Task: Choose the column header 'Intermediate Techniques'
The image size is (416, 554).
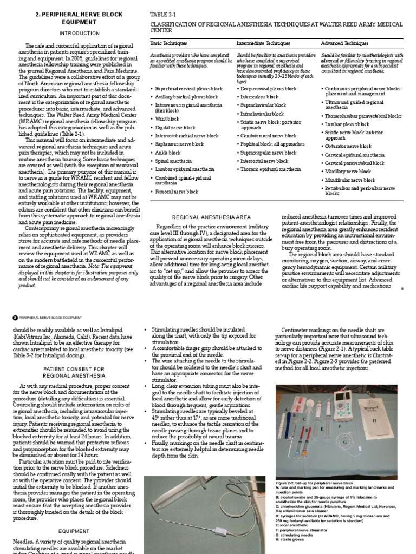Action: tap(261, 42)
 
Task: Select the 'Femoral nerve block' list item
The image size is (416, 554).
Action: tap(177, 192)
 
